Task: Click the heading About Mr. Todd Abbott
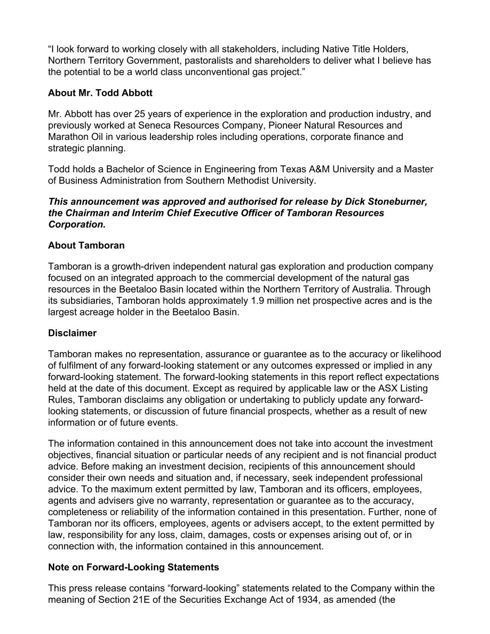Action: click(x=100, y=93)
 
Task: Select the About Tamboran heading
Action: click(x=86, y=245)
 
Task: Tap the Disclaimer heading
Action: click(x=72, y=333)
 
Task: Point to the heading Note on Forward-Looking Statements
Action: click(x=133, y=567)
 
